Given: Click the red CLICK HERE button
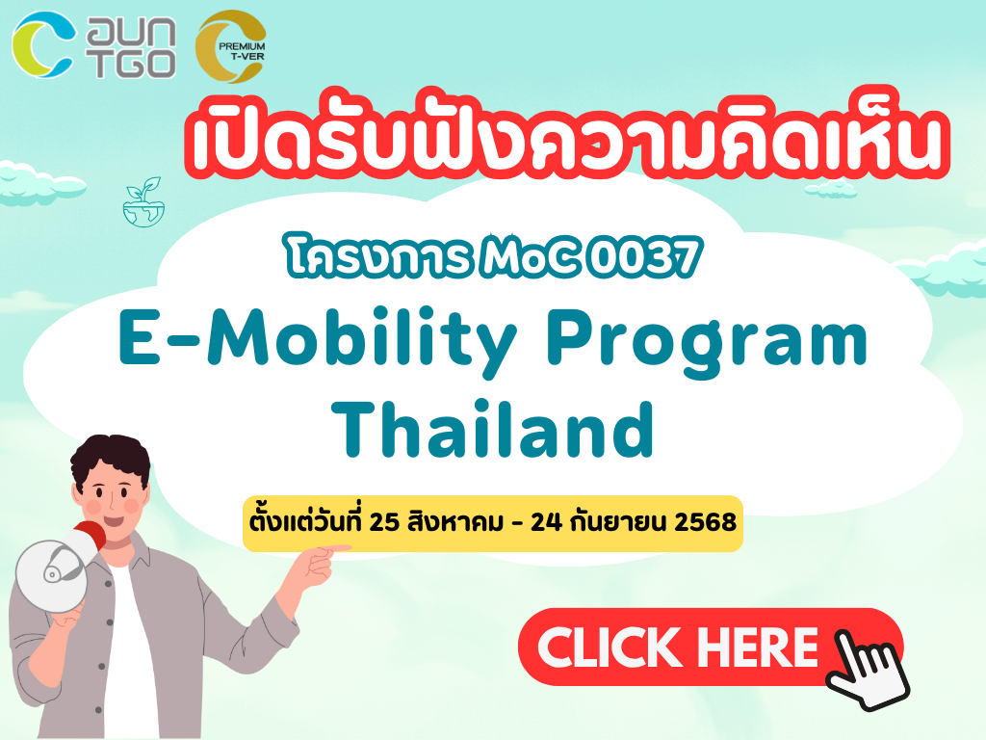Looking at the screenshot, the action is [x=711, y=647].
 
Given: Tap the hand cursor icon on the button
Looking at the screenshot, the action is [x=868, y=671].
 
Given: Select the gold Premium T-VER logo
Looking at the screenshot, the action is [x=231, y=46].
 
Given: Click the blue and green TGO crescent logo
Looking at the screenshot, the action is [x=42, y=44].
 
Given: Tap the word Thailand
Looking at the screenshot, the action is [x=493, y=429].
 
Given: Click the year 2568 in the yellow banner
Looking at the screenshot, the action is [x=705, y=522].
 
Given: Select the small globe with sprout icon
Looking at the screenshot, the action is [x=144, y=201].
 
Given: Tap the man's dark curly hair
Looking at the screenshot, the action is [x=111, y=460].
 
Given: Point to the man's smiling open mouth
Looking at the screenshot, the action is [x=114, y=520].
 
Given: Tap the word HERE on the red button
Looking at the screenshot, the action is [x=758, y=647].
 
